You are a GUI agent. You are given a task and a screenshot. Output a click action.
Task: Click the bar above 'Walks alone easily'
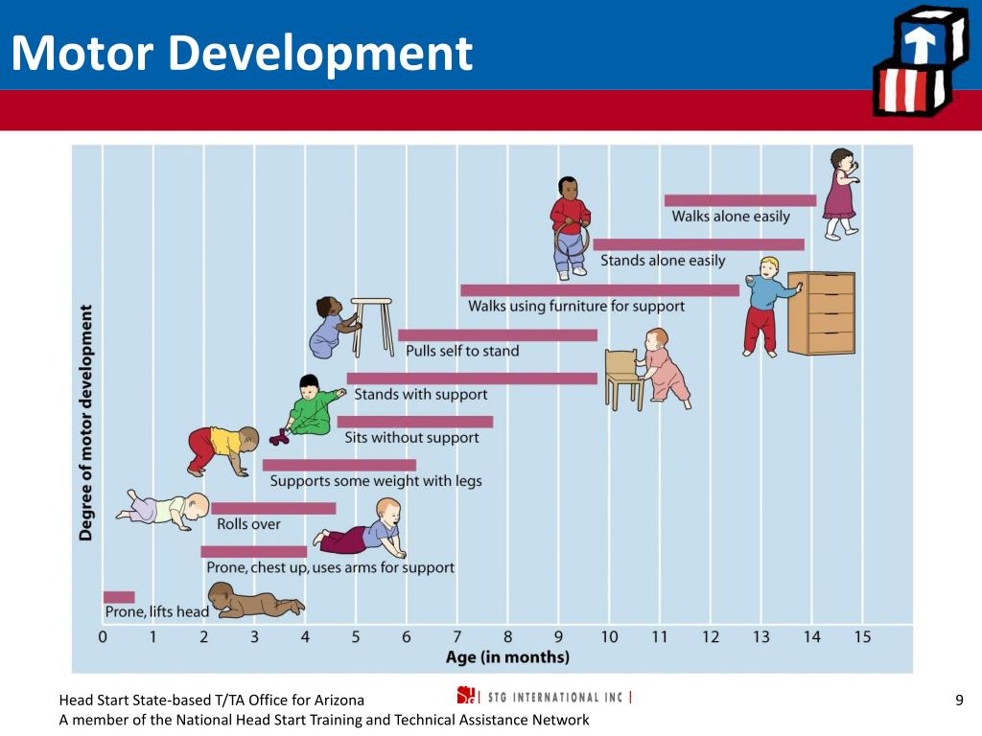click(x=740, y=200)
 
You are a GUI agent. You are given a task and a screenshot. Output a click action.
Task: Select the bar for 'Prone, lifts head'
click(x=119, y=597)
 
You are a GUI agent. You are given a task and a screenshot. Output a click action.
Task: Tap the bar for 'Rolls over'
click(x=273, y=508)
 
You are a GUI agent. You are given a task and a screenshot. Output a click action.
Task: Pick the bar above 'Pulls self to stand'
click(x=498, y=335)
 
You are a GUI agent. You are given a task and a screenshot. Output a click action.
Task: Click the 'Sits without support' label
click(x=411, y=437)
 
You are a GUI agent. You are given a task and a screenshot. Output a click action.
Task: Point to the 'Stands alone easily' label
click(x=663, y=261)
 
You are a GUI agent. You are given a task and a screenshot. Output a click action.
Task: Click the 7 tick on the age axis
click(x=457, y=637)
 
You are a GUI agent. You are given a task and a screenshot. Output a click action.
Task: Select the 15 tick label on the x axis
click(x=862, y=637)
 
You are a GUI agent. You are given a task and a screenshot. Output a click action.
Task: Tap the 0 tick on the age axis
click(x=103, y=637)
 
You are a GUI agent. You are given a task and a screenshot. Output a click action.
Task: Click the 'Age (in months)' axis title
click(x=508, y=657)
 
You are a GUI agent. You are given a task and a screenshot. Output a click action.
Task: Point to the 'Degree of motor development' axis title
click(x=85, y=423)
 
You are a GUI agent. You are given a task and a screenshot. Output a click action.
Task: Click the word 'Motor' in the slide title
click(x=82, y=53)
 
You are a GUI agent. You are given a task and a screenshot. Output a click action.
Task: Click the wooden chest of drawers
click(x=821, y=313)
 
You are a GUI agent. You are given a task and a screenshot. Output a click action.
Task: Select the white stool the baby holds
click(x=372, y=328)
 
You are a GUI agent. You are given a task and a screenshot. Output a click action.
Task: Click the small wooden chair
click(x=623, y=379)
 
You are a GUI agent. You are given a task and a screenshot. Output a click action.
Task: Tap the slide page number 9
click(x=959, y=700)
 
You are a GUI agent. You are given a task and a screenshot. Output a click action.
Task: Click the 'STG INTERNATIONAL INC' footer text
click(x=555, y=698)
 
